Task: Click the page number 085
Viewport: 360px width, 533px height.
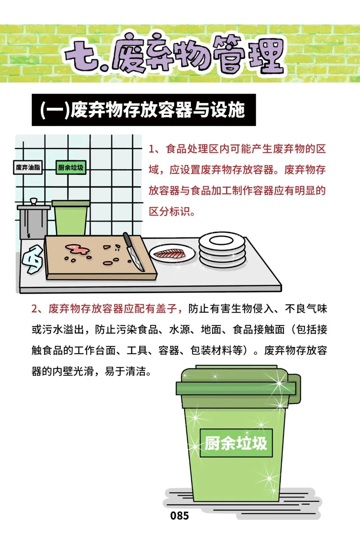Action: (180, 516)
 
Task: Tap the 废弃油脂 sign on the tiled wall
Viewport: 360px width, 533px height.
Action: (28, 167)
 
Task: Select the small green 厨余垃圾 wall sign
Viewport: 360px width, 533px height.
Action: (71, 167)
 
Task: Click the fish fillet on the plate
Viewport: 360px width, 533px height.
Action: (170, 254)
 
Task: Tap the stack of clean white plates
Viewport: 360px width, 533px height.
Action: (222, 249)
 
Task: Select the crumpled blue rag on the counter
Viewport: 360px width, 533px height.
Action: (33, 259)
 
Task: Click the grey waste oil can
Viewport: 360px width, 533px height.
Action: (33, 219)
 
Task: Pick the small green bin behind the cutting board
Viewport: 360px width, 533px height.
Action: (71, 218)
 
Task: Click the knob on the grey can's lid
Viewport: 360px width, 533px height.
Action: (34, 201)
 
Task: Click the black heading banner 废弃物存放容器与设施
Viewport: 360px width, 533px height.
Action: (144, 110)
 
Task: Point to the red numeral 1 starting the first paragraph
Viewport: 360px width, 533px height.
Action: (151, 149)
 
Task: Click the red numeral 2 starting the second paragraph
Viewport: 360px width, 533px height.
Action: (35, 309)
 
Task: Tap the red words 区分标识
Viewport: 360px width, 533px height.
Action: (170, 211)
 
